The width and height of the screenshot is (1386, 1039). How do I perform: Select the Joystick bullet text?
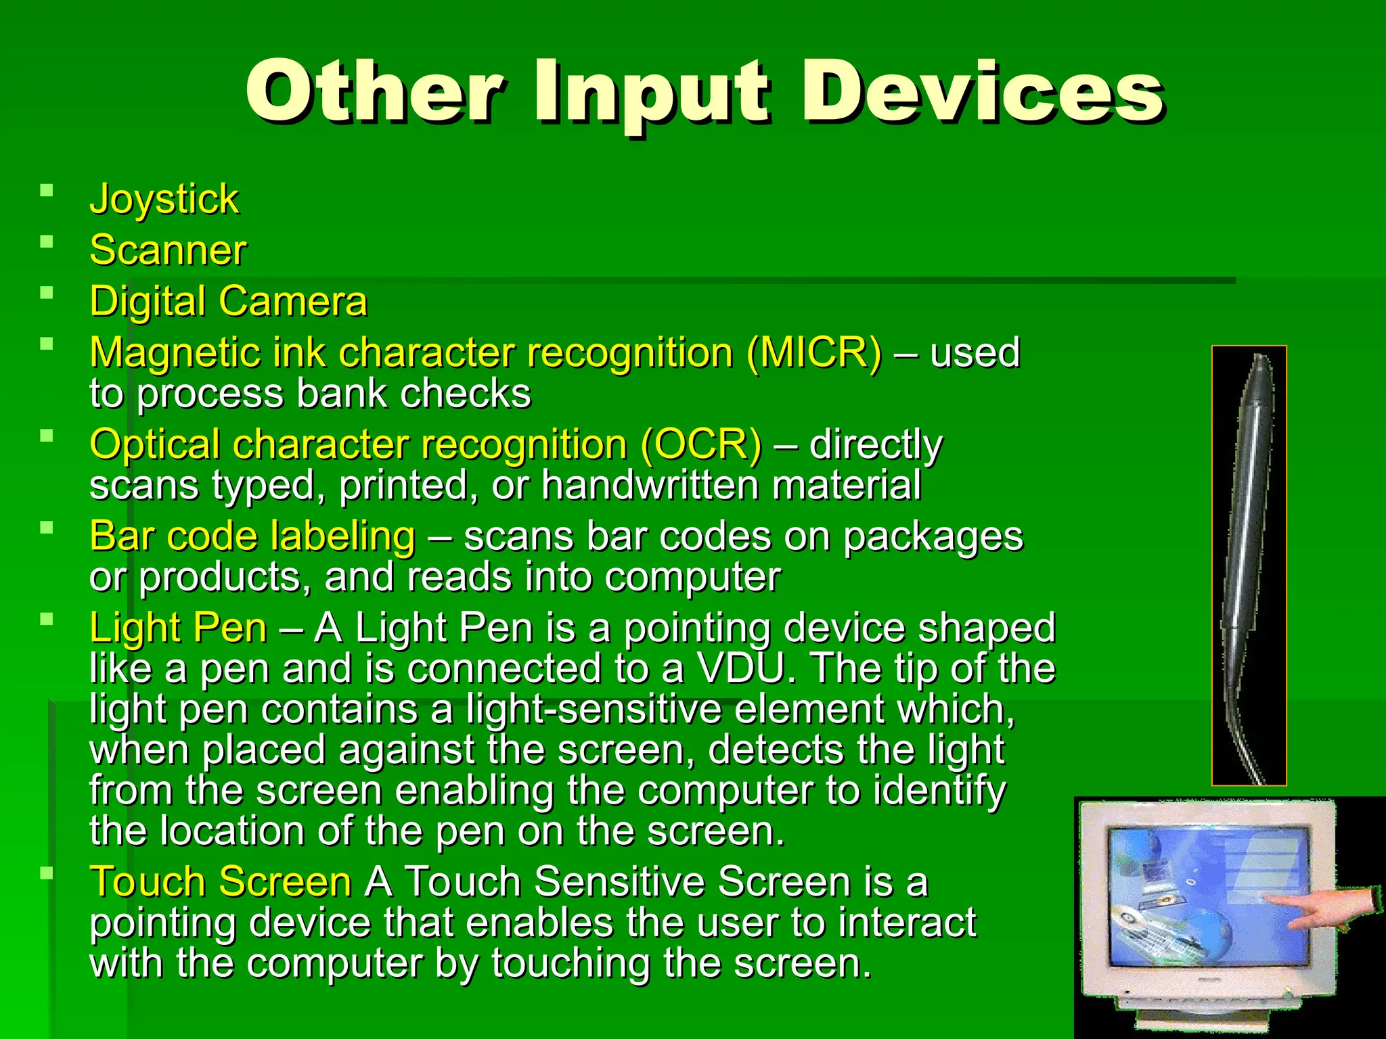coord(164,199)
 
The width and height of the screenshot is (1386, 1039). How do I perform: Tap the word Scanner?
coord(168,250)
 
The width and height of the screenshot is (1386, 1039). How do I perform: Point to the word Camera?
coord(292,301)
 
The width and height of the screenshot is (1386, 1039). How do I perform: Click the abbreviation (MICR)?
coord(814,352)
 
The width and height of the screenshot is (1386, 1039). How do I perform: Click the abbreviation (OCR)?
coord(700,444)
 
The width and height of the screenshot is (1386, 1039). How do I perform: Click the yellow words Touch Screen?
coord(221,882)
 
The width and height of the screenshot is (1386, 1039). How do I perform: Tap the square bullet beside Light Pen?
coord(46,619)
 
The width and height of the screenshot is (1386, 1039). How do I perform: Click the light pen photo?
coord(1249,565)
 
